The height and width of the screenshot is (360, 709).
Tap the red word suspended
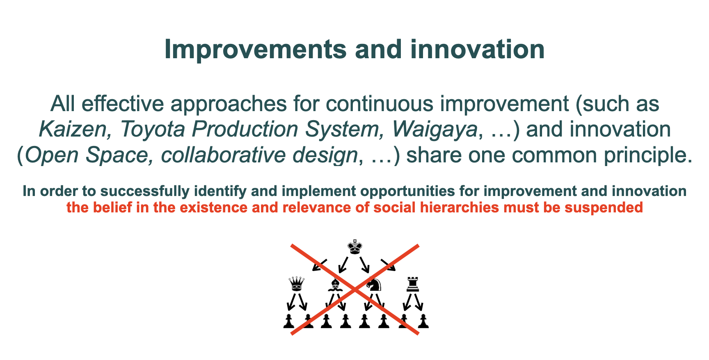[x=604, y=207]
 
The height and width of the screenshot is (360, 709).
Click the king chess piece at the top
[x=355, y=246]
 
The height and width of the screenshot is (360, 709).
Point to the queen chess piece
[x=297, y=283]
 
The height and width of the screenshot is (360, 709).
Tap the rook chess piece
[x=413, y=284]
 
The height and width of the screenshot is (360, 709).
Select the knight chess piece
[x=374, y=284]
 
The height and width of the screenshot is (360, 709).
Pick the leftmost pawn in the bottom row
[x=289, y=321]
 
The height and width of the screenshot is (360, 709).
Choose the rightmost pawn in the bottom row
[x=423, y=321]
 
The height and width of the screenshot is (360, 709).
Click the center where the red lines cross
[x=355, y=290]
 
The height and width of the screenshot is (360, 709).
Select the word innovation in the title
[x=477, y=50]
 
